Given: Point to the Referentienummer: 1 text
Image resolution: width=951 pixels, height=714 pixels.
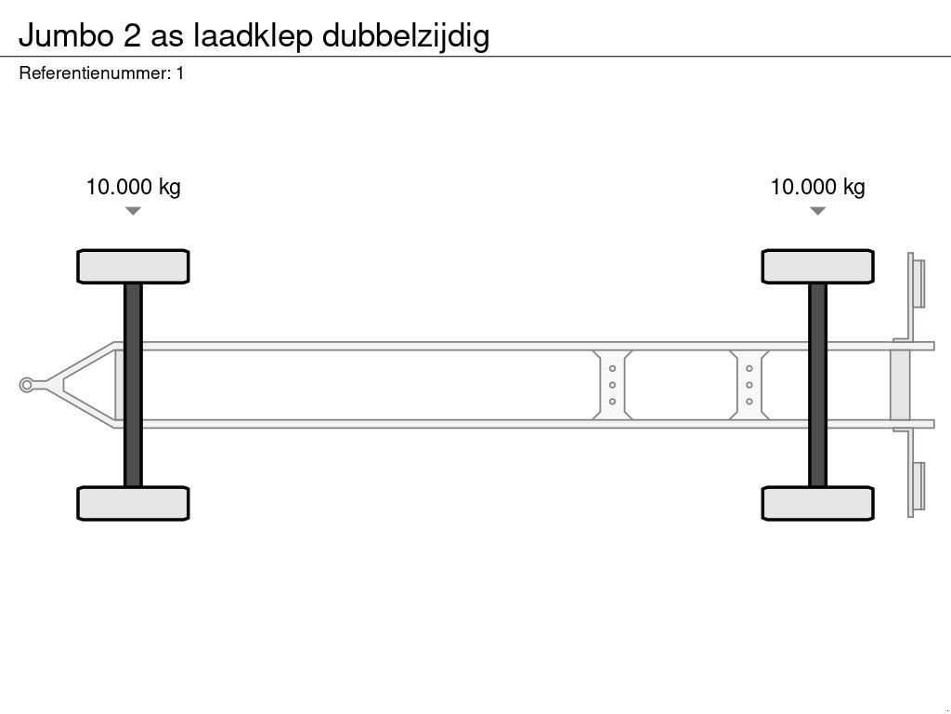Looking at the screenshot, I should click(101, 73).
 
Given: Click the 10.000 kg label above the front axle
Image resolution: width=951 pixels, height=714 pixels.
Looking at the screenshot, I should click(133, 187).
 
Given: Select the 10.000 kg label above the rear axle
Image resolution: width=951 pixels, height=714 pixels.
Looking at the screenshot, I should click(817, 187).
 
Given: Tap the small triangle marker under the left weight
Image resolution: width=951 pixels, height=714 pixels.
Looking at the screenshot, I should click(133, 211).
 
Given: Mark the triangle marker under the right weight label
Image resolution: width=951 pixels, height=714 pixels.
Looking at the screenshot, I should click(817, 211).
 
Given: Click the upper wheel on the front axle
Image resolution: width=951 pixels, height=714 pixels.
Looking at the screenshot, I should click(133, 266).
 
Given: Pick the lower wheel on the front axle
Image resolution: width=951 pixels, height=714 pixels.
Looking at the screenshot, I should click(133, 503).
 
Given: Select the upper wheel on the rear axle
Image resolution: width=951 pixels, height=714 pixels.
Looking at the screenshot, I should click(817, 266).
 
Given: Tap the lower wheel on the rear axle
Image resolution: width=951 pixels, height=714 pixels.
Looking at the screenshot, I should click(817, 503).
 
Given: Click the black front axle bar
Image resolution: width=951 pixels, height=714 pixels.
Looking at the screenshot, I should click(133, 385).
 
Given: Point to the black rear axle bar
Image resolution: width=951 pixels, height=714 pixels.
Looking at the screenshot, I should click(817, 385).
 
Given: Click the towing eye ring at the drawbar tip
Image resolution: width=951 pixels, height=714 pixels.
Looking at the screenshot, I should click(27, 385).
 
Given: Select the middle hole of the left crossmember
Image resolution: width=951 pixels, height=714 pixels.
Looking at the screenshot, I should click(613, 385).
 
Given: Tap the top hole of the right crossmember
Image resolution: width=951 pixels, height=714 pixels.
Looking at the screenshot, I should click(749, 368).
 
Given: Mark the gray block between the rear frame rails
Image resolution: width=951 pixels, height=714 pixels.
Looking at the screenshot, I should click(900, 385).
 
